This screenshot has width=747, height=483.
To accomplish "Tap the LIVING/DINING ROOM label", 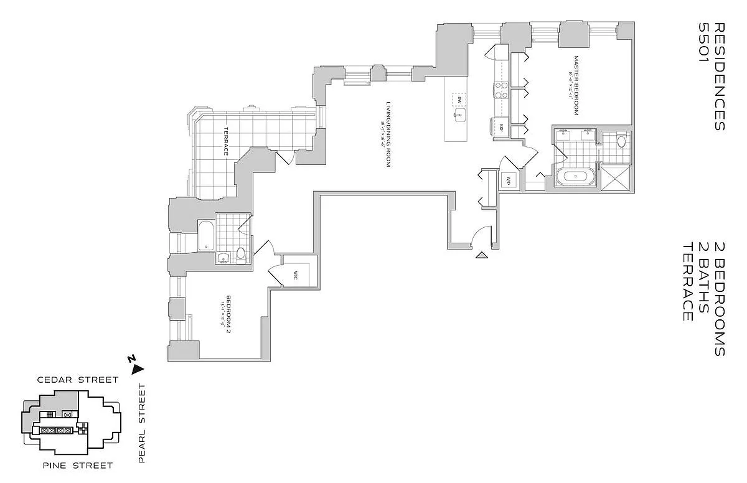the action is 387,134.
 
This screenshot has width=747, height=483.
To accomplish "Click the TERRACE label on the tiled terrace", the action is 227,142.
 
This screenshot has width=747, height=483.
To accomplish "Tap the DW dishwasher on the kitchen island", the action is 459,100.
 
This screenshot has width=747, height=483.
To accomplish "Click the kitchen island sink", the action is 459,116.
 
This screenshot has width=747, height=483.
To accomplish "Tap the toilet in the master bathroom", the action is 621,142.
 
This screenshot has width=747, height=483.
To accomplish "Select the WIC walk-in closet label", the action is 296,275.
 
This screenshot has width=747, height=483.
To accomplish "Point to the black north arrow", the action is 138,368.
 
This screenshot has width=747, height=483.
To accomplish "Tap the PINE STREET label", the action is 68,465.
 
